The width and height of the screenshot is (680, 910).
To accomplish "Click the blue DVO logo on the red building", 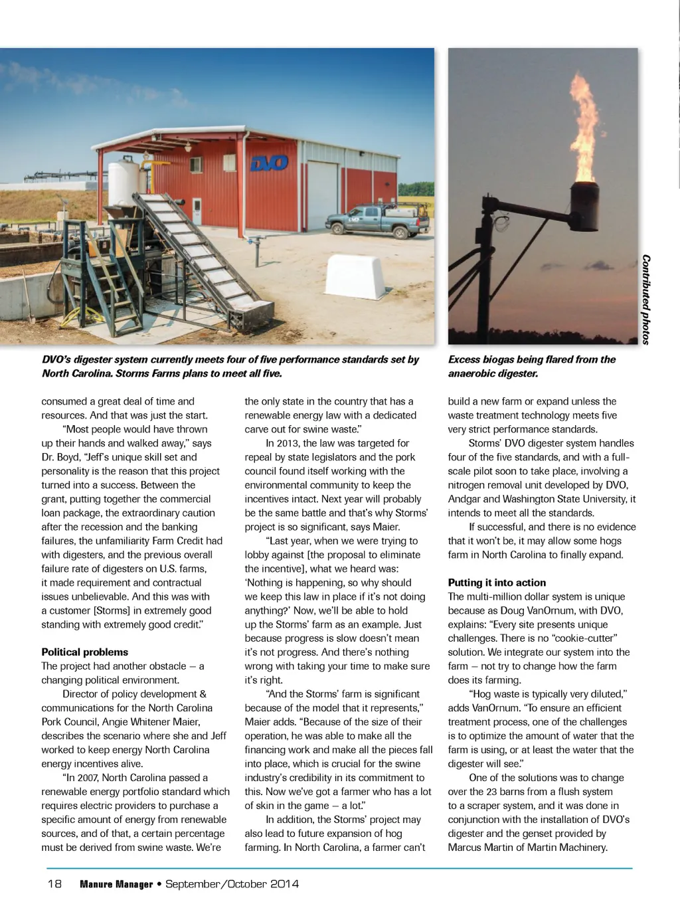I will click(270, 162).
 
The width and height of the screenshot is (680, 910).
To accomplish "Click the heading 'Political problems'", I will click(85, 652).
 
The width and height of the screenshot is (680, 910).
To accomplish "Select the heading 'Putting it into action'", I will click(497, 583).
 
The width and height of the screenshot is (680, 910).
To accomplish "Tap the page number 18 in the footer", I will click(54, 884).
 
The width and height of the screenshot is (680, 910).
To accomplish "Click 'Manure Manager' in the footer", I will click(116, 884).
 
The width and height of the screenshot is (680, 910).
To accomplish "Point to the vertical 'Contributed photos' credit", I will click(646, 300).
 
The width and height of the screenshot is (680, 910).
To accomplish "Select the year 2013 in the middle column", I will click(288, 443).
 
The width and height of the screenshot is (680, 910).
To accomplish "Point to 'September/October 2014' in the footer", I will click(232, 884).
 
